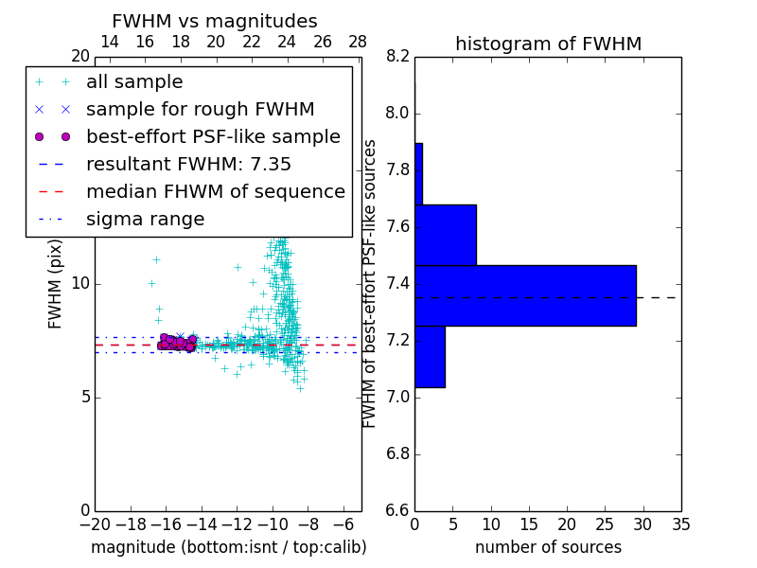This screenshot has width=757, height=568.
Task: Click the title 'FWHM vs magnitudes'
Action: pos(214,21)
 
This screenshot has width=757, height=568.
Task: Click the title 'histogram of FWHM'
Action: pos(548,44)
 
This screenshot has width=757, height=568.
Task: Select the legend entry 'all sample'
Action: pos(134,82)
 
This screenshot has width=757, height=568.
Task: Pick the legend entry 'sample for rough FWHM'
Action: pos(200,110)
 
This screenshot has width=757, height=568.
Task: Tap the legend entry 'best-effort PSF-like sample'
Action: pos(213,137)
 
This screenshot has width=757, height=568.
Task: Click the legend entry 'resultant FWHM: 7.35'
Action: pos(188,165)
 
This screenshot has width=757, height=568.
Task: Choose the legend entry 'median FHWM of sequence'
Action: pos(215,192)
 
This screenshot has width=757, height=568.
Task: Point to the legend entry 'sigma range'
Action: pos(145,220)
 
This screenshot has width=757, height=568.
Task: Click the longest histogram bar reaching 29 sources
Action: pos(525,295)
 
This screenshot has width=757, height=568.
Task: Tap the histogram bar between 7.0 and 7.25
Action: pos(430,356)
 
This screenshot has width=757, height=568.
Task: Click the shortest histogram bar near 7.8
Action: pos(418,173)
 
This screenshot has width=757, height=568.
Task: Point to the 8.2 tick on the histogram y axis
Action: pos(397,57)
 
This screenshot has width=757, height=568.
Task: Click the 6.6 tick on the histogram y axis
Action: pos(397,510)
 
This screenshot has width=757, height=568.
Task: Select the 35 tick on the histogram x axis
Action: pos(680,524)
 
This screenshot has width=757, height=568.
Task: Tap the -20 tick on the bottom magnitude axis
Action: pos(94,524)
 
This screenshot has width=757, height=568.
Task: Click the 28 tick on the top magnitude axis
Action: pos(358,42)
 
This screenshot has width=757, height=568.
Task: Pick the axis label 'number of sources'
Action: pos(548,547)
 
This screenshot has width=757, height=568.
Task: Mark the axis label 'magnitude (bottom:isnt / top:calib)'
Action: pos(228,547)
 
